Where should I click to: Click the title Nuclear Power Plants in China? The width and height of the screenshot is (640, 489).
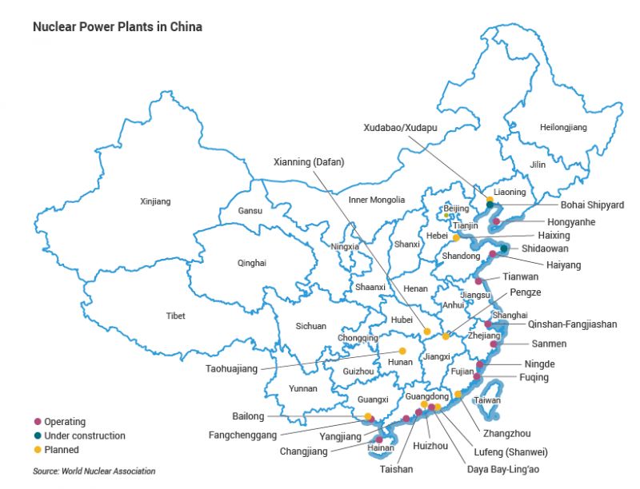(x=117, y=26)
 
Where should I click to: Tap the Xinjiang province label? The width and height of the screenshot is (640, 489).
(x=155, y=201)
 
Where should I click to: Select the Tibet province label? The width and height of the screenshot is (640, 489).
(x=175, y=316)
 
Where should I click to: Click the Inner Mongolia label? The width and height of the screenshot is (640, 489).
(x=377, y=200)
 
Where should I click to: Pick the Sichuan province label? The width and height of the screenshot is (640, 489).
(x=311, y=326)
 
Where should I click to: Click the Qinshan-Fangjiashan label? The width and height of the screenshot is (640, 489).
(x=573, y=324)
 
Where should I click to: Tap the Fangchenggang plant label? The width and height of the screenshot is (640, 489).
(x=242, y=435)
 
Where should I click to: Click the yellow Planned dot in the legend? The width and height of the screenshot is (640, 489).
(x=37, y=450)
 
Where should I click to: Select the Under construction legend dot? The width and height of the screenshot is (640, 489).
(x=37, y=435)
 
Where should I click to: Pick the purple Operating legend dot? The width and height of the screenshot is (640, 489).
(x=37, y=421)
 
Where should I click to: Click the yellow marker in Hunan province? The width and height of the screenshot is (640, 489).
(x=402, y=352)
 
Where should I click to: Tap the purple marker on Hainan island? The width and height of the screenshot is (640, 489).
(x=379, y=439)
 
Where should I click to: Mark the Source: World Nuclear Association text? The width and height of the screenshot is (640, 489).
(x=94, y=471)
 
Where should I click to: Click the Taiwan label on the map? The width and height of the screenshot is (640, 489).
(x=487, y=400)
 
